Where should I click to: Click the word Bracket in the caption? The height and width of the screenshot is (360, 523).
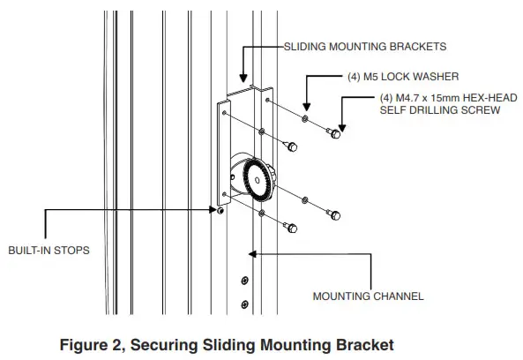point(363,342)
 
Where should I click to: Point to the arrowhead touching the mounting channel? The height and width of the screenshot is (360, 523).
point(253,255)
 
